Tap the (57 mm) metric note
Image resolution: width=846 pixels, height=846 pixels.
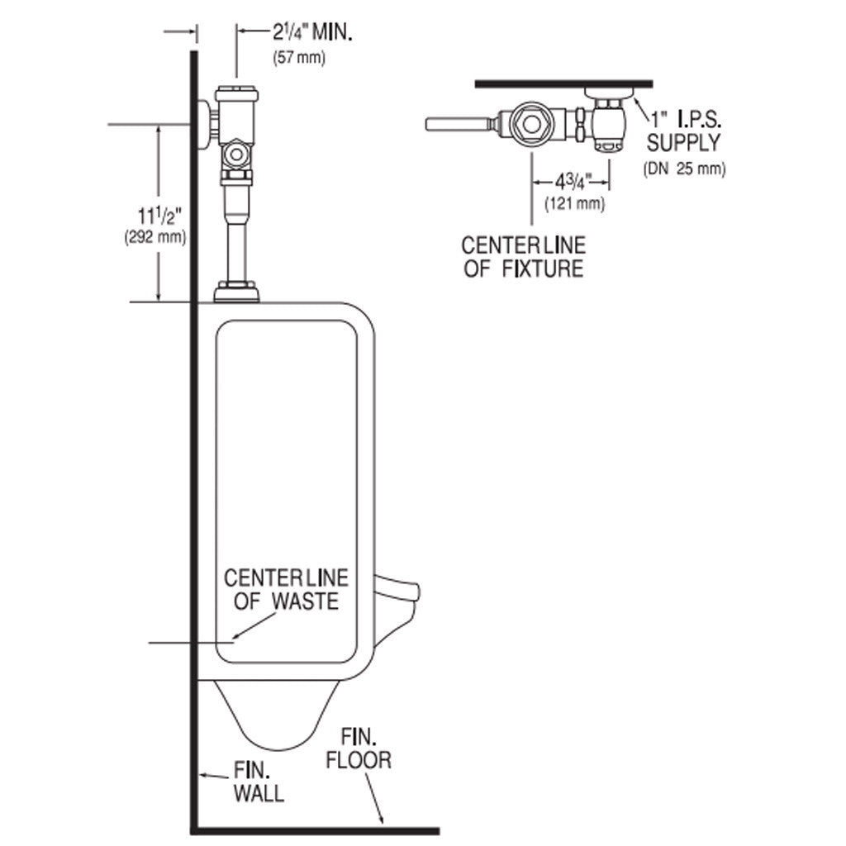(299, 58)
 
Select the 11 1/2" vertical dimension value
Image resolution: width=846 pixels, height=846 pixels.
(159, 217)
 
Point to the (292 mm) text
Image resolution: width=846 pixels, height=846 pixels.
(154, 236)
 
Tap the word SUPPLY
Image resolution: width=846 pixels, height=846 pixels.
(683, 143)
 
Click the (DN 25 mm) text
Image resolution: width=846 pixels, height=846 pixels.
(684, 169)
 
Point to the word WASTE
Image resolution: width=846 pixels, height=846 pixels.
(307, 601)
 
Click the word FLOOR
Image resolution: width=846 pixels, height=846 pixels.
(359, 760)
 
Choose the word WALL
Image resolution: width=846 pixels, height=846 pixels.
(259, 795)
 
